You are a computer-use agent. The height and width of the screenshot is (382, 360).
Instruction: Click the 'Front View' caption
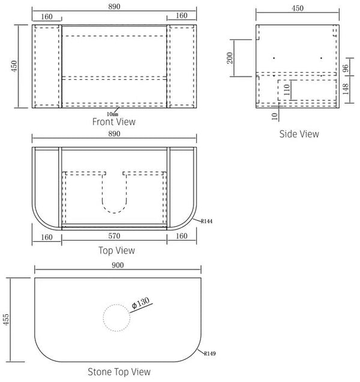coord(114,122)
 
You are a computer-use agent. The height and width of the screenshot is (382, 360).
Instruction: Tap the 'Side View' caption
coord(299,134)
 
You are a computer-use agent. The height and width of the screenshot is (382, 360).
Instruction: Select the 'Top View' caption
coord(116,251)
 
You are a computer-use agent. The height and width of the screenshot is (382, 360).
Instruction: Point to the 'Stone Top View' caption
coord(119,372)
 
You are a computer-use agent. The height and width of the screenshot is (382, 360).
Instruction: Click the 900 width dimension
coord(118,265)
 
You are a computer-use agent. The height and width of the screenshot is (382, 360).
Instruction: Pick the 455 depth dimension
coord(6,320)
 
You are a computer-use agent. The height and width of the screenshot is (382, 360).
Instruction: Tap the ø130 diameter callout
coord(140,303)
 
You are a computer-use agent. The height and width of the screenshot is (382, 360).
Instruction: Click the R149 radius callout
coord(209,353)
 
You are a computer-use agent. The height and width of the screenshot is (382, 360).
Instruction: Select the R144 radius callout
coord(206,221)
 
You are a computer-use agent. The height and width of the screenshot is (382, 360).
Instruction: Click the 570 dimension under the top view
coord(115,236)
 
